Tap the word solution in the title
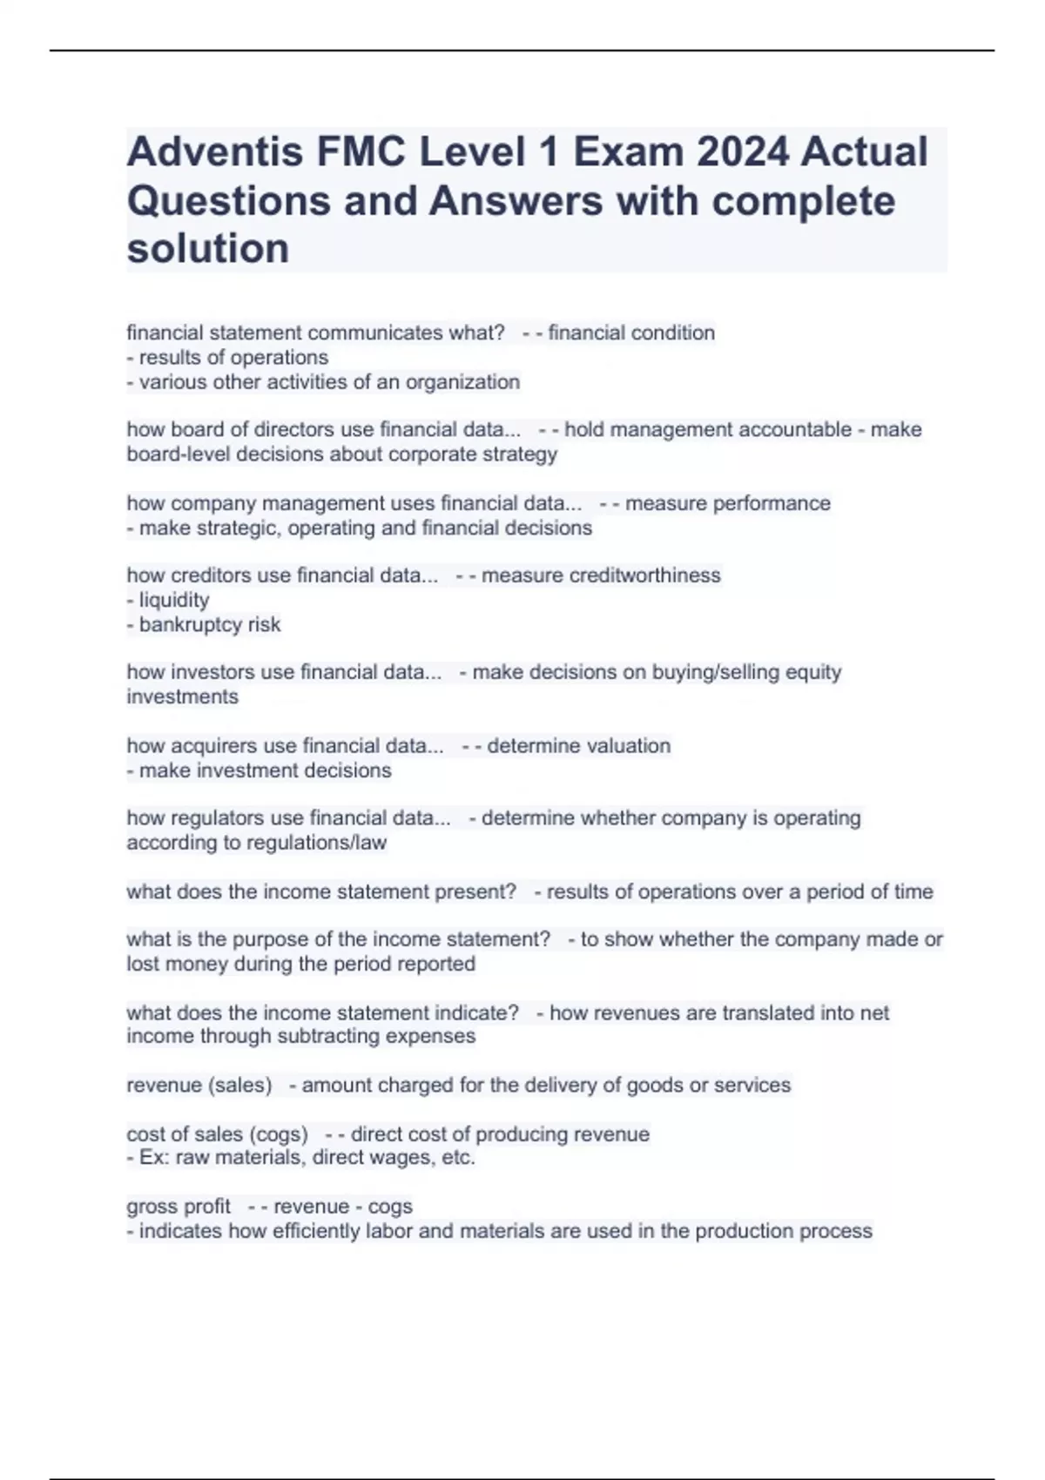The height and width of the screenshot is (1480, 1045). click(x=208, y=249)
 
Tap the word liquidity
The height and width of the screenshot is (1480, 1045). click(x=174, y=601)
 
